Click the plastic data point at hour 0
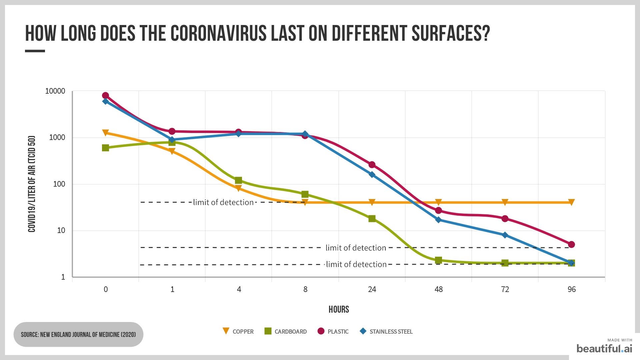tap(105, 96)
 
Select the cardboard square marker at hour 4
tap(238, 180)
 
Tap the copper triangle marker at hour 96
tap(571, 202)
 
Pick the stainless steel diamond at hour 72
tap(505, 235)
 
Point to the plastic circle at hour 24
tap(372, 165)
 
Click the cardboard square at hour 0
tap(105, 148)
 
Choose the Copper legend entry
tap(238, 331)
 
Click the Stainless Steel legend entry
tap(387, 331)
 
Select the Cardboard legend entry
tap(286, 331)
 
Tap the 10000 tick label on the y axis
tap(55, 91)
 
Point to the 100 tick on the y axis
tap(59, 184)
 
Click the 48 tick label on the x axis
tap(438, 289)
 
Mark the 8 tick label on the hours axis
tap(305, 289)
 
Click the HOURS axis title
tap(339, 309)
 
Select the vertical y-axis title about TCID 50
tap(32, 184)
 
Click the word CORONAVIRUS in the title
tap(219, 33)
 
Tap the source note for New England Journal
tap(78, 334)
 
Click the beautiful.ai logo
tap(604, 348)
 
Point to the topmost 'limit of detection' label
tap(223, 202)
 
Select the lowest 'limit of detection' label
tap(356, 264)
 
